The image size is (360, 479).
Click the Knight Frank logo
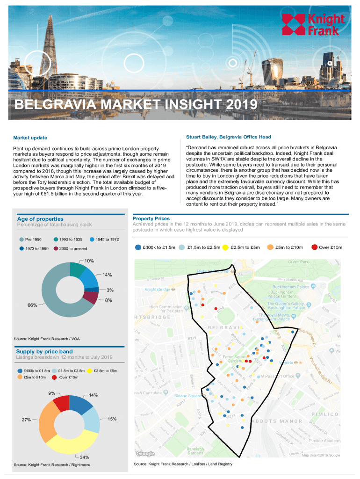pyautogui.click(x=313, y=24)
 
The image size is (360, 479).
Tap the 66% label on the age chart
pyautogui.click(x=32, y=305)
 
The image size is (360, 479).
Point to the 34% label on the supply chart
pyautogui.click(x=85, y=457)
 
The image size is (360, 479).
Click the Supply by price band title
pyautogui.click(x=44, y=351)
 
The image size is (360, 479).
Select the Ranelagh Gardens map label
pyautogui.click(x=192, y=451)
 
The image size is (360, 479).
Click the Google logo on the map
pyautogui.click(x=145, y=453)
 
